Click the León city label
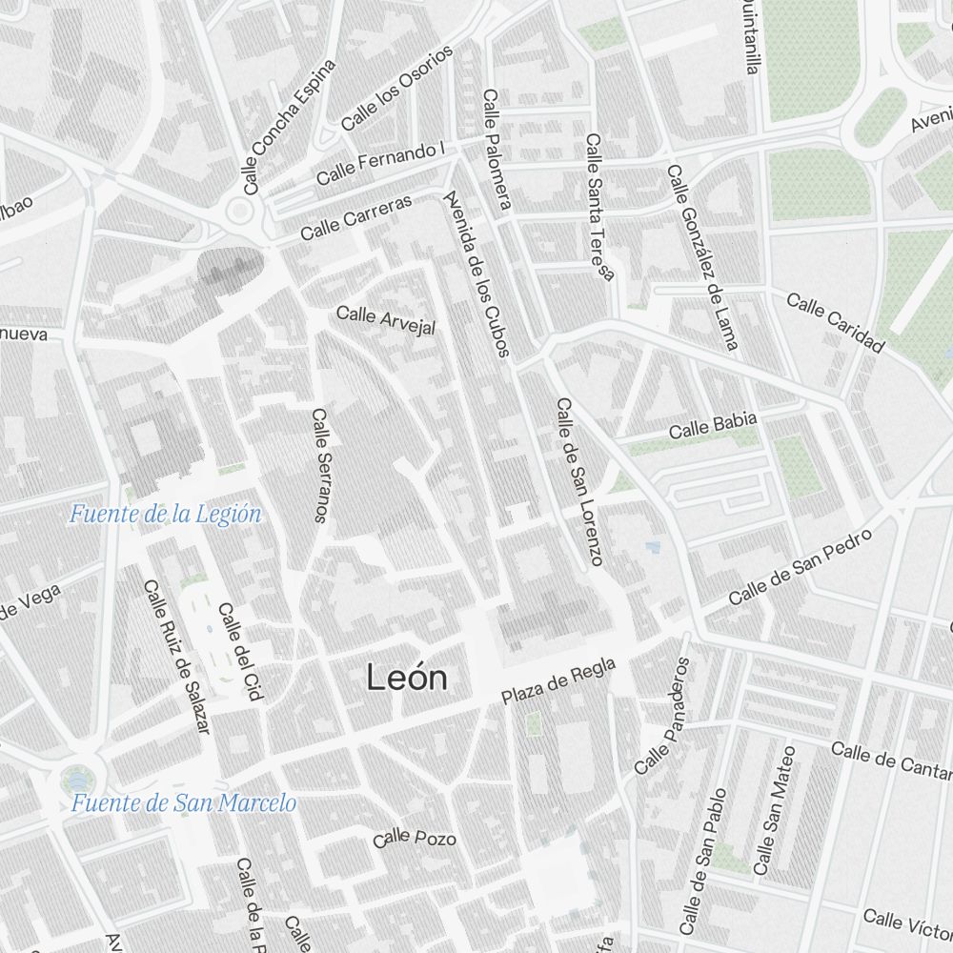coord(407,678)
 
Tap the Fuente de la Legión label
coord(165,515)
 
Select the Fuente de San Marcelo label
coord(183,802)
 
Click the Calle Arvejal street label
coord(386,320)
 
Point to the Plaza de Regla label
coord(559,681)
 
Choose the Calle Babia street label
coord(713,426)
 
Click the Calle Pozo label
coord(415,839)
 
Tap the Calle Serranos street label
coord(320,466)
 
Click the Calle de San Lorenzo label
coord(579,481)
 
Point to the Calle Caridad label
coord(836,322)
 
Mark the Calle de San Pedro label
coord(801,568)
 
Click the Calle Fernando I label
coord(381,164)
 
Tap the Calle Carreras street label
coord(356,218)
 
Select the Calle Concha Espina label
coord(290,128)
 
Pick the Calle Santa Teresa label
coord(600,207)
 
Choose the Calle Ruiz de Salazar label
coord(175,657)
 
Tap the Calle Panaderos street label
coord(660,716)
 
